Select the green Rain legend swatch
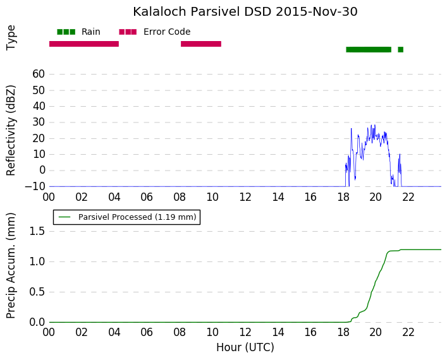(66, 32)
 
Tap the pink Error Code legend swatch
(128, 32)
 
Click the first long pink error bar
(84, 44)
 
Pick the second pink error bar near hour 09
(201, 44)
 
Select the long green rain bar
(369, 49)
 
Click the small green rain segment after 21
(401, 49)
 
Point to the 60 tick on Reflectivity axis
(39, 74)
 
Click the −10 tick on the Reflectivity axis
(35, 186)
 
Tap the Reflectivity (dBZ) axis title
(11, 131)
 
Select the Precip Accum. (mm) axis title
(11, 265)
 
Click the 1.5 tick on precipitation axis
(37, 231)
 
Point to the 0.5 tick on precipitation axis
(37, 292)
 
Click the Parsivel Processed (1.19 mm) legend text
(137, 217)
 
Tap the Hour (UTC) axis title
(245, 347)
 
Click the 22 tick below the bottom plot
(408, 332)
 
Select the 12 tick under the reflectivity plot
(245, 197)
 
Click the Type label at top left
(11, 38)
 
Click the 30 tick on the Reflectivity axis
(39, 122)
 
